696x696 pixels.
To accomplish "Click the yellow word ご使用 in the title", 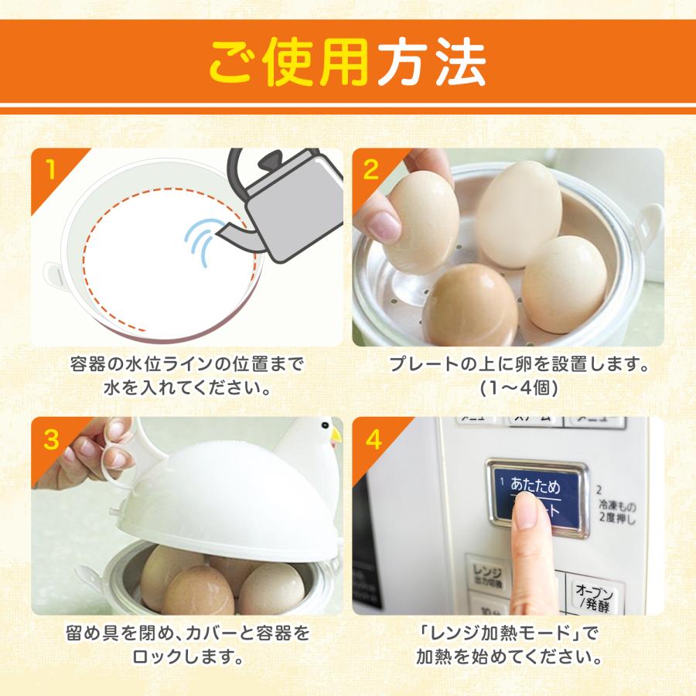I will pos(290,62).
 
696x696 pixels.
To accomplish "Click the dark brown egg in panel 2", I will pos(469,306).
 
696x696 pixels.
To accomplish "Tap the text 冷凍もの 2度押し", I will pos(616,512).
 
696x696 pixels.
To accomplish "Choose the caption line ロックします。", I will pos(187,659).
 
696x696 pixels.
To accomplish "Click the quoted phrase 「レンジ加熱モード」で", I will pos(508,634).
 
